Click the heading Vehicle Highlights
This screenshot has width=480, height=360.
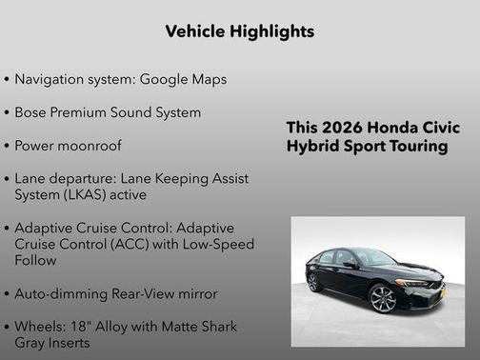tap(239, 31)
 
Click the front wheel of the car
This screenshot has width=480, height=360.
tap(383, 299)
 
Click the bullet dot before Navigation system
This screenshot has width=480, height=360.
tap(8, 79)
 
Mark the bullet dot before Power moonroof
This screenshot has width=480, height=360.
tap(8, 147)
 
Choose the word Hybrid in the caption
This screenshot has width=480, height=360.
tap(310, 147)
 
